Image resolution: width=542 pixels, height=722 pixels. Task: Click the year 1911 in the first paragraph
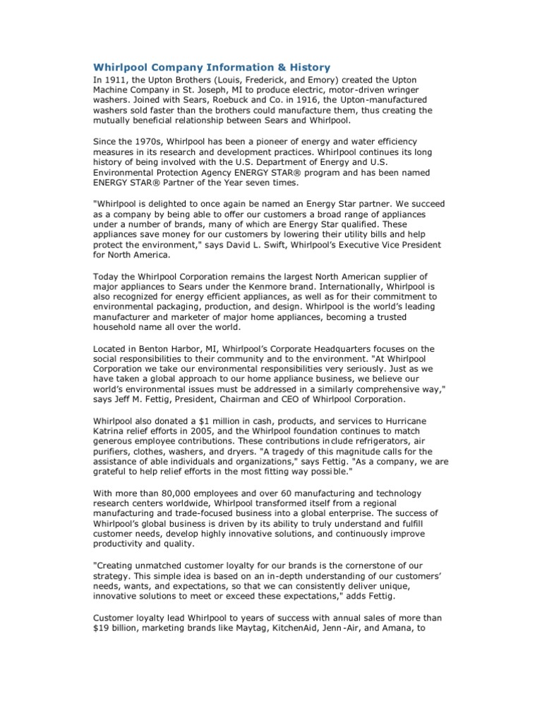[x=114, y=80]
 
